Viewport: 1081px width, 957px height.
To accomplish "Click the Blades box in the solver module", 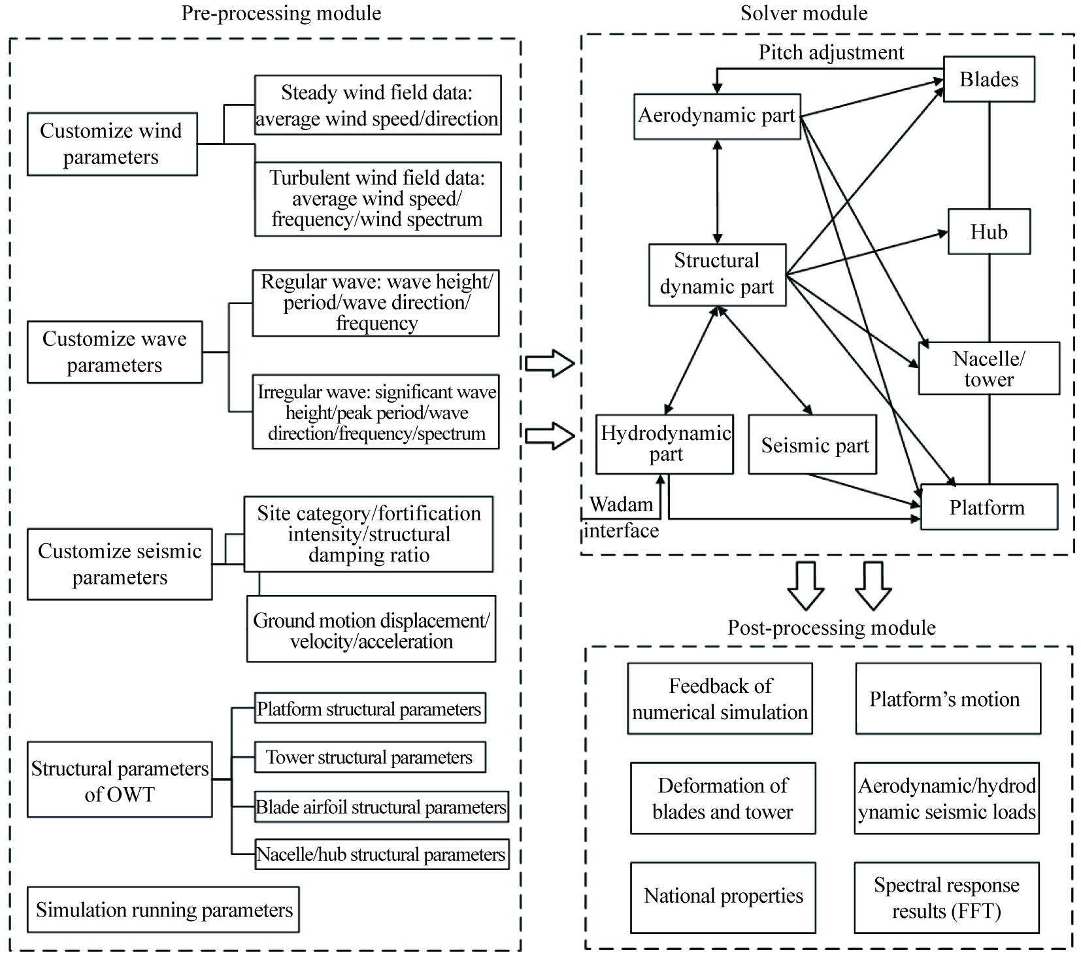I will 988,79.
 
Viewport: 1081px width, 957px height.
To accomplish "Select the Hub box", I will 988,231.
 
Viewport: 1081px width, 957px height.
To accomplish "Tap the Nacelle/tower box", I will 988,368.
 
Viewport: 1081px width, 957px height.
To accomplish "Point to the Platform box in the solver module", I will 988,507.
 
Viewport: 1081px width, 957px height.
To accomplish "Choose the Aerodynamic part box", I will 717,116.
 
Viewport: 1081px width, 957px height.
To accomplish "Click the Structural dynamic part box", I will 717,274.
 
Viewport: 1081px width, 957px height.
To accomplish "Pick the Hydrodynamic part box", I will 665,444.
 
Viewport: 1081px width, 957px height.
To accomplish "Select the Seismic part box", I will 812,445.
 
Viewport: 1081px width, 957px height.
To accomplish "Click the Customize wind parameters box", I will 112,144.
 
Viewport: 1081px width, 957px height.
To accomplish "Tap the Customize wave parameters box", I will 114,352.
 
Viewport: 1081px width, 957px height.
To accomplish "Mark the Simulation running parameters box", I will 163,909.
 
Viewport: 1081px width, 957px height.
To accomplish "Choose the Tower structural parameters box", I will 369,757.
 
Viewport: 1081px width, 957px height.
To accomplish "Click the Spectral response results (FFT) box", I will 946,898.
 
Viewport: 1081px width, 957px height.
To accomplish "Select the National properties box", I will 723,897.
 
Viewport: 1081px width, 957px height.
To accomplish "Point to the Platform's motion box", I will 947,699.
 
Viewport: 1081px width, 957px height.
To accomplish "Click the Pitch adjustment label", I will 831,52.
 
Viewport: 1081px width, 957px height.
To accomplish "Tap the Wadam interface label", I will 621,518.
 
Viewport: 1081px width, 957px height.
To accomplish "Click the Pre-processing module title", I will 281,13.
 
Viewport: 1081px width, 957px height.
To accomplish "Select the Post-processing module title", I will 831,628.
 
